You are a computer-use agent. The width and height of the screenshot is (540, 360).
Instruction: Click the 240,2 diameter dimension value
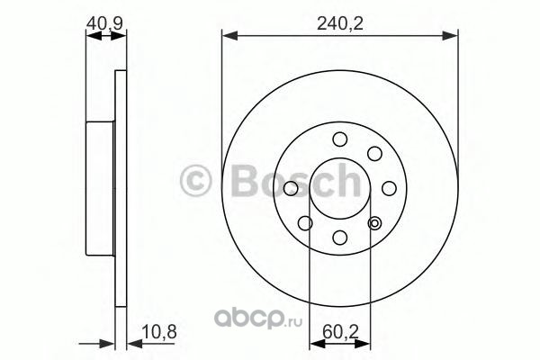[x=339, y=24]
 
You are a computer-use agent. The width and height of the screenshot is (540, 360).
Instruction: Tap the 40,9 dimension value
[x=104, y=23]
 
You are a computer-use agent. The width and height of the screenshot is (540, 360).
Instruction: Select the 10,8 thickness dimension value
[x=159, y=332]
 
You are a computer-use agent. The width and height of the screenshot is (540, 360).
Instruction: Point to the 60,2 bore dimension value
[x=340, y=332]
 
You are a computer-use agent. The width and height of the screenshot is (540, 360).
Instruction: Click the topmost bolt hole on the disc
[x=340, y=139]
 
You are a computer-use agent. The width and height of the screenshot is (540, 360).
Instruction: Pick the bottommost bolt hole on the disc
[x=340, y=238]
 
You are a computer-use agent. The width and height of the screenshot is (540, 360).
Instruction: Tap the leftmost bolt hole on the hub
[x=291, y=188]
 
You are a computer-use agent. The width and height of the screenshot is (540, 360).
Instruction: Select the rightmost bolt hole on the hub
[x=389, y=188]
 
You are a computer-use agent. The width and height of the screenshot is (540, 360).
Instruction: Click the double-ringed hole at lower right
[x=374, y=223]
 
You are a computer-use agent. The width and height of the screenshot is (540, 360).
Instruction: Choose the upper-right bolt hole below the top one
[x=374, y=154]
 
